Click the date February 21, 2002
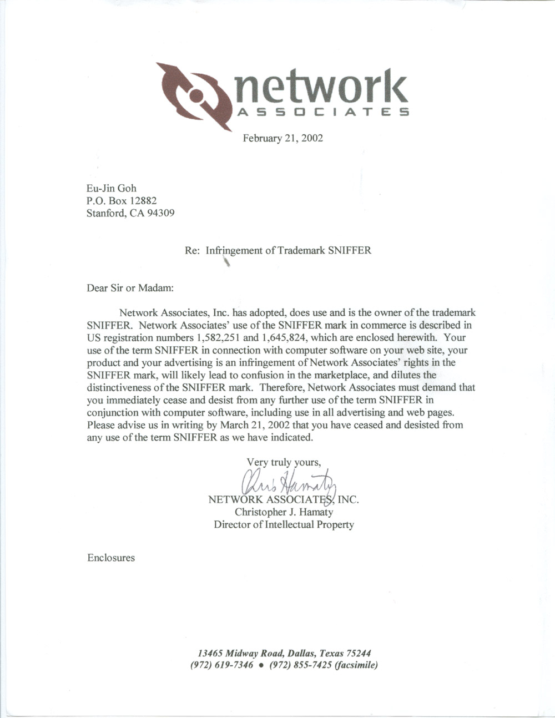(282, 138)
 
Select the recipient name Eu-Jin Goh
(111, 188)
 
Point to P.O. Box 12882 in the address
(122, 200)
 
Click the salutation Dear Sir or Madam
(130, 288)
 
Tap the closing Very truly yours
(284, 462)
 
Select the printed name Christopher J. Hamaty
(284, 512)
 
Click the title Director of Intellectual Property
(284, 524)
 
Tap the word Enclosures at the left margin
(111, 558)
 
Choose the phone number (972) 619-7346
(222, 665)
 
